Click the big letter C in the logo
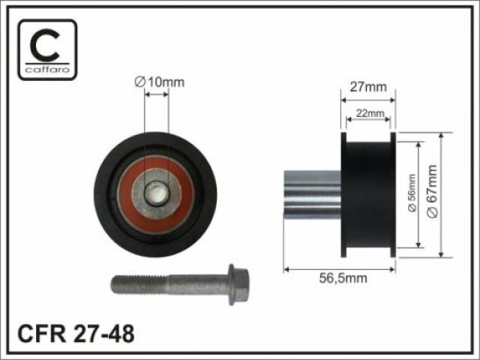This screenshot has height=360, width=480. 45,45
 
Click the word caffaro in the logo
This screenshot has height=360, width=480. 47,70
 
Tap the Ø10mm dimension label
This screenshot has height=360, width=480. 160,82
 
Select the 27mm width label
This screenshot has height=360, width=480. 368,87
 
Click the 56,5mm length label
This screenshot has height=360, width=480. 343,278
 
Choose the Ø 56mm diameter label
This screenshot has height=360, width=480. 412,193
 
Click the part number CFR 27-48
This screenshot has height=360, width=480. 76,334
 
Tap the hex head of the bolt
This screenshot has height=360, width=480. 238,285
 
